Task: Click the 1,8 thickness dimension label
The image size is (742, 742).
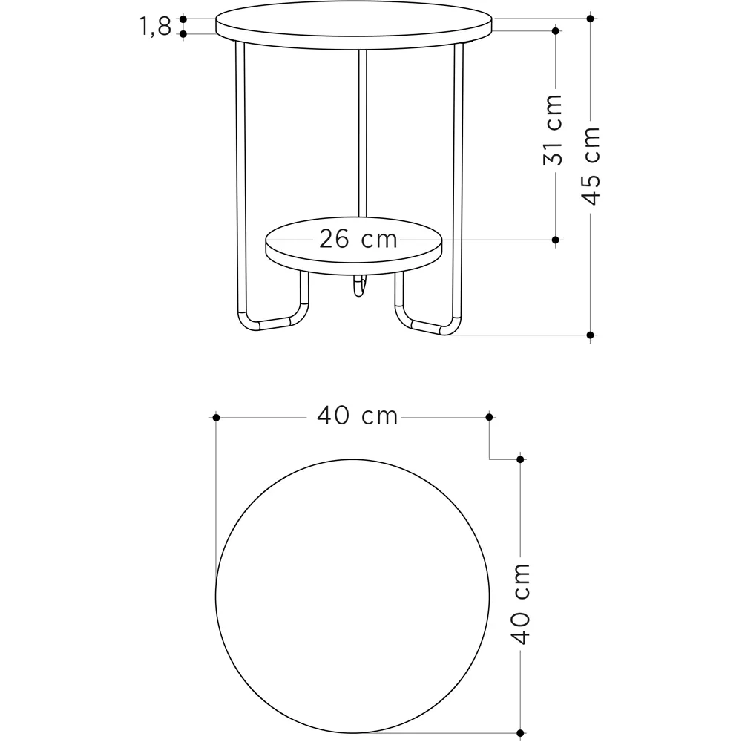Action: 154,27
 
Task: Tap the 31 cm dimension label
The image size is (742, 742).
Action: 554,130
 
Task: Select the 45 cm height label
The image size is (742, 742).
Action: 591,165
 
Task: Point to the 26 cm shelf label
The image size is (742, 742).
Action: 358,239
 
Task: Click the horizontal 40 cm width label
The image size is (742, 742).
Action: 358,416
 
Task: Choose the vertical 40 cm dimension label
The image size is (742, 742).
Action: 521,603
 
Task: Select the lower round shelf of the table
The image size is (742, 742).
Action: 354,252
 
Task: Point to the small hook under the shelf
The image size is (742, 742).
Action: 359,287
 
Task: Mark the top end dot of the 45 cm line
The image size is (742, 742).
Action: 591,18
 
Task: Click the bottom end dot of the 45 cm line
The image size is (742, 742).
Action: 591,335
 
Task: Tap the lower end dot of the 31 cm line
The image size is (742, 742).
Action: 555,240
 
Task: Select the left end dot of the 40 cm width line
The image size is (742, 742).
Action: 216,418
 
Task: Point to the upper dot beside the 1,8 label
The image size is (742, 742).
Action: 183,19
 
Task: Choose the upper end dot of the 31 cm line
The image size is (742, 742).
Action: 555,30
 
